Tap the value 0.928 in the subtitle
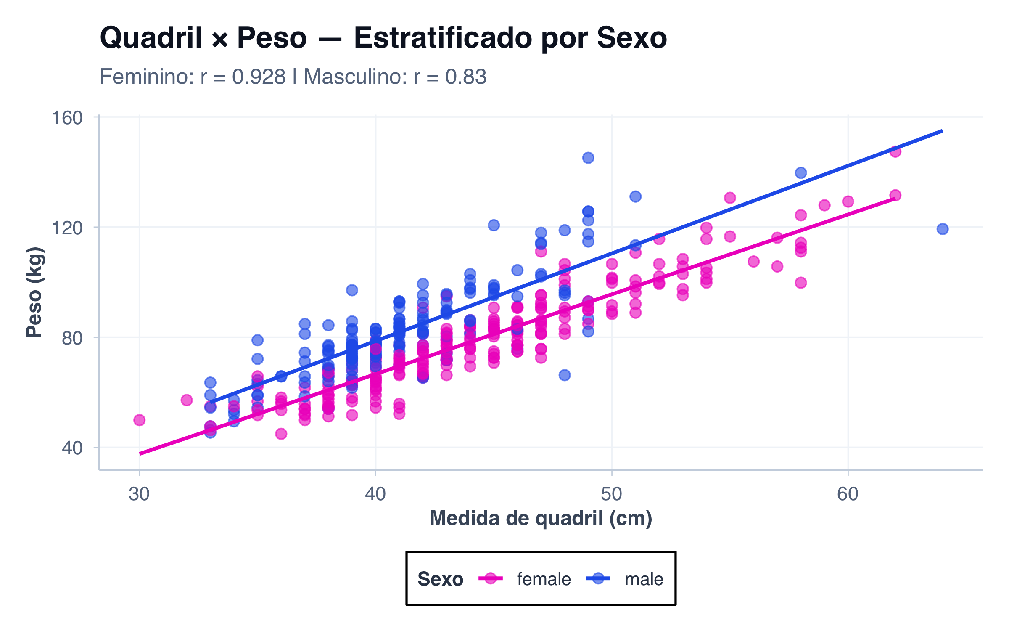point(259,77)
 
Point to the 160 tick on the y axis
point(67,118)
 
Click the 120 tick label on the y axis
point(67,228)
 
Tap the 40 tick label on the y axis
point(72,448)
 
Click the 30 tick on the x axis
point(139,494)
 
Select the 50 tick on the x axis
point(612,494)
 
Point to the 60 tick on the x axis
point(848,494)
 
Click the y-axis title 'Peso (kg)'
point(34,292)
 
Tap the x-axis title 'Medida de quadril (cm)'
point(541,518)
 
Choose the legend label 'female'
point(544,579)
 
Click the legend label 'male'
point(644,579)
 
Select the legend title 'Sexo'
point(440,579)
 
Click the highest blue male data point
point(588,158)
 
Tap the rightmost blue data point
point(943,229)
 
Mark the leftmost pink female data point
point(139,420)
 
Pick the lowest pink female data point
point(281,434)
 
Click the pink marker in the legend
point(490,579)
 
